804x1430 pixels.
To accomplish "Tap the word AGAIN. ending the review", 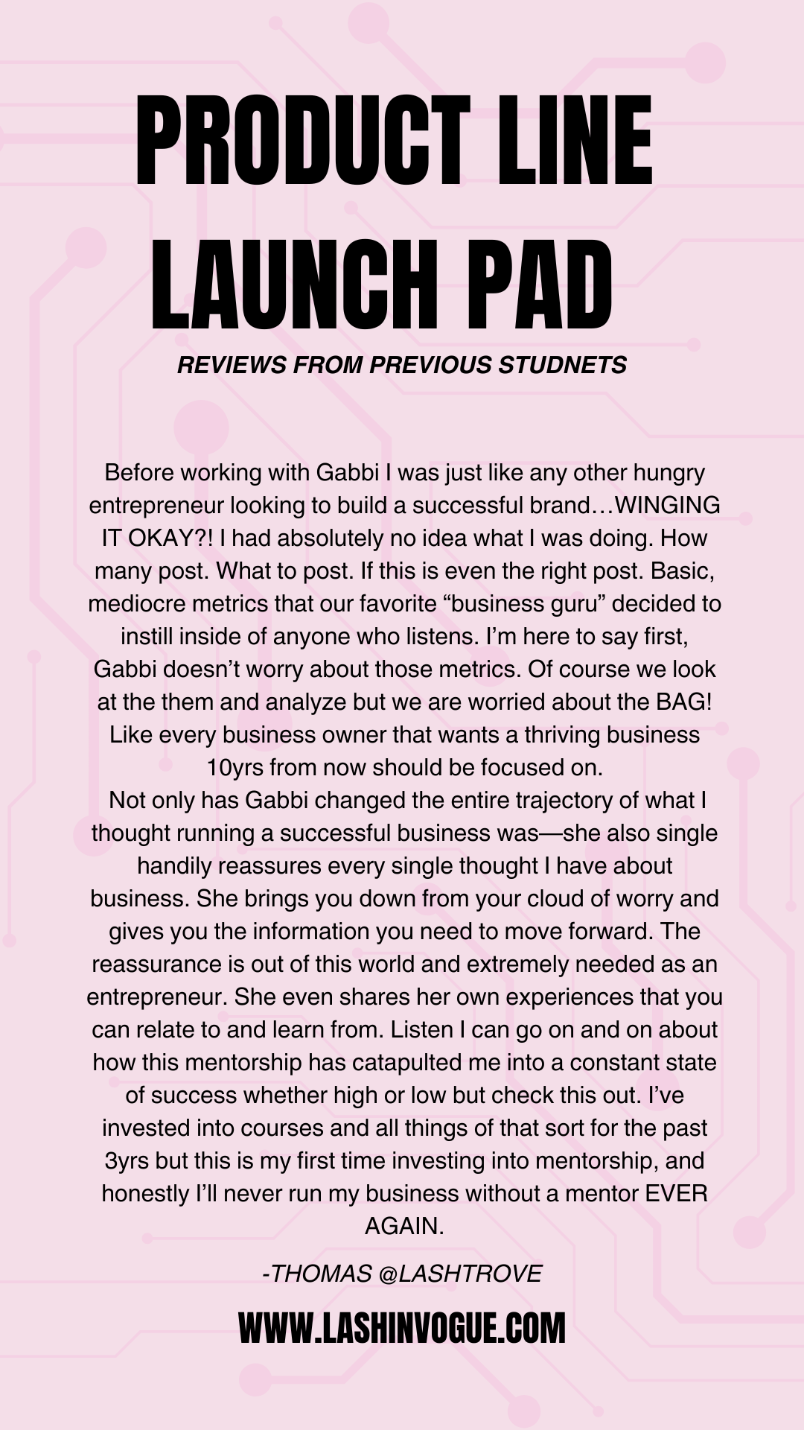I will coord(403,1226).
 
